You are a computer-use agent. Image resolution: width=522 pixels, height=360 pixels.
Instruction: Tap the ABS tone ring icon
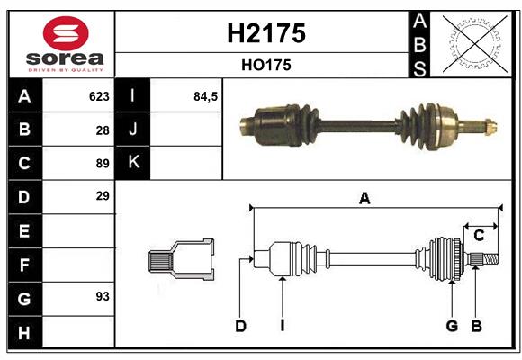click(470, 44)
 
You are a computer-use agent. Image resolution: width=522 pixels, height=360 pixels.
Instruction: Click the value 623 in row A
click(98, 96)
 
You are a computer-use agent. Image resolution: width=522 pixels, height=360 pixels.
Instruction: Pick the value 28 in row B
click(102, 130)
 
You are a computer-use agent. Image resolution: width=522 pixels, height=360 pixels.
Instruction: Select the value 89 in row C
click(102, 164)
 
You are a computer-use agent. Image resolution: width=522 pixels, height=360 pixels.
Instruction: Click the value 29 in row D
click(102, 196)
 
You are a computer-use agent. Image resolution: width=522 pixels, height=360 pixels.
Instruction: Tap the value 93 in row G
click(102, 296)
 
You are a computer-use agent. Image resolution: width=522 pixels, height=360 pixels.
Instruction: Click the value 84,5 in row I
click(206, 96)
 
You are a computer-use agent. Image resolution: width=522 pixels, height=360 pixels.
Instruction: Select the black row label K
click(134, 163)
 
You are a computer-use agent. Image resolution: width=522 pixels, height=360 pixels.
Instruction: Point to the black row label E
click(24, 231)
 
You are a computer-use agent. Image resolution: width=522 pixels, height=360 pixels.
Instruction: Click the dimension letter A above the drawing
click(364, 199)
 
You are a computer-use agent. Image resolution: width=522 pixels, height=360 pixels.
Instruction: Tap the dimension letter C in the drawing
click(479, 236)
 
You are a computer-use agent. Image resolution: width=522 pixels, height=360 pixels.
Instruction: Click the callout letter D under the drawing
click(240, 326)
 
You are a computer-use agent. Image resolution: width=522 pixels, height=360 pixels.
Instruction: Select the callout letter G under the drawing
click(452, 326)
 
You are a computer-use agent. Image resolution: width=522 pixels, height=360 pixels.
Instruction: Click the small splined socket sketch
click(181, 260)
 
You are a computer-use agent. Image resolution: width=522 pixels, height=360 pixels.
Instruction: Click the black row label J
click(134, 130)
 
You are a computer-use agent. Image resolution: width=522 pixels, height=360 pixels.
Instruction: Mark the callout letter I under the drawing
click(282, 326)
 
